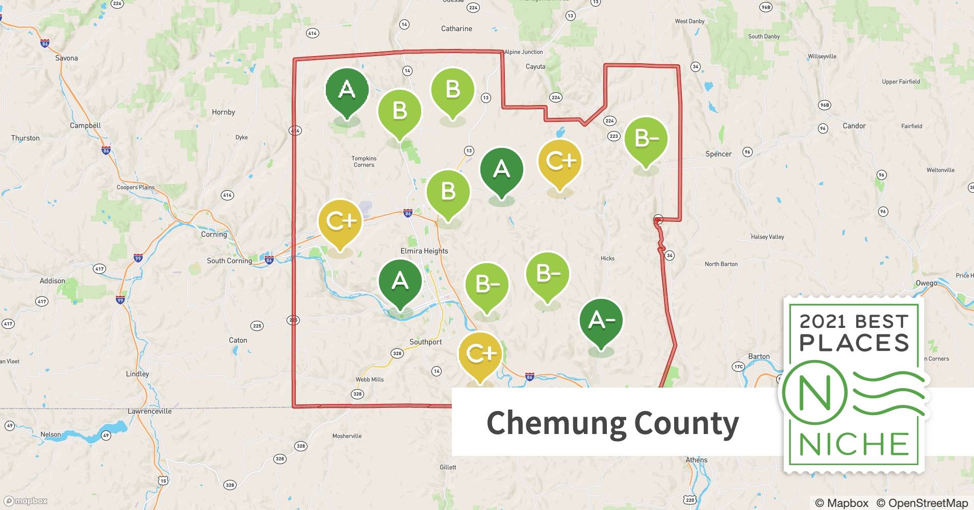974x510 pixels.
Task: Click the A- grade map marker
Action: [601, 320]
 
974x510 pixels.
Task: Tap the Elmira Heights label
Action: [424, 251]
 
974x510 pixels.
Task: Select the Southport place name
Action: [425, 342]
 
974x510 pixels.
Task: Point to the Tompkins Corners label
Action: [364, 162]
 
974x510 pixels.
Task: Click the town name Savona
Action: [66, 58]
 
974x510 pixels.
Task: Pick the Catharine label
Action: [456, 29]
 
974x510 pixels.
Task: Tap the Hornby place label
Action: [223, 112]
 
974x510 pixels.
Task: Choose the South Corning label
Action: [229, 261]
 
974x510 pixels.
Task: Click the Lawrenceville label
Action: [149, 411]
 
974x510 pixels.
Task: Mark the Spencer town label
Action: [718, 154]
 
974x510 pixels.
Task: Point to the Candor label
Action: [854, 126]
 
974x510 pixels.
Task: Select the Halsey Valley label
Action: [767, 237]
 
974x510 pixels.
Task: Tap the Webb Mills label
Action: [370, 379]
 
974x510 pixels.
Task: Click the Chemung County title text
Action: [612, 423]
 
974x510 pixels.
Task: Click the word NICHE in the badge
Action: [854, 445]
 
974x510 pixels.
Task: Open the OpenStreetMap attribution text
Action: [921, 503]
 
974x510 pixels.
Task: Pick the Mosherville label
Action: [347, 436]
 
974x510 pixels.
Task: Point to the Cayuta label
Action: [535, 67]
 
